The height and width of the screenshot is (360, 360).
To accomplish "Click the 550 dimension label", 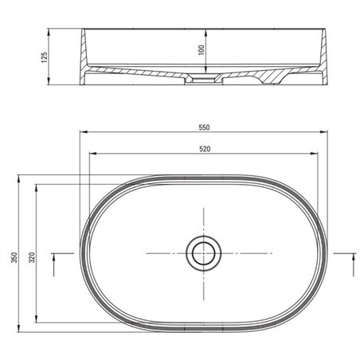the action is pyautogui.click(x=204, y=127).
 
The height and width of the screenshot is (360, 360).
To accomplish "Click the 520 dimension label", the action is pyautogui.click(x=205, y=149).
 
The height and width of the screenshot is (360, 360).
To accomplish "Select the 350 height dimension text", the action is pyautogui.click(x=14, y=257).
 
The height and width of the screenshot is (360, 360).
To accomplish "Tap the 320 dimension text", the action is pyautogui.click(x=32, y=257).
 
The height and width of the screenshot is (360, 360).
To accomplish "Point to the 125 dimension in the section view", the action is pyautogui.click(x=44, y=57).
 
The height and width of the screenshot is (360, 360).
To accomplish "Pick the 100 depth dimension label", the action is pyautogui.click(x=202, y=50).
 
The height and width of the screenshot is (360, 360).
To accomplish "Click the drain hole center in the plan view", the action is pyautogui.click(x=204, y=253).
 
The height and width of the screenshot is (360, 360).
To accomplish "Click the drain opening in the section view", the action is pyautogui.click(x=204, y=79).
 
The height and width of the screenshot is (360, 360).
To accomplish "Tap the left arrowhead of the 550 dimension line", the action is pyautogui.click(x=84, y=131).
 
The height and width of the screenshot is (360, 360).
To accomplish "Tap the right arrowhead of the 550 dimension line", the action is pyautogui.click(x=323, y=131).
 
